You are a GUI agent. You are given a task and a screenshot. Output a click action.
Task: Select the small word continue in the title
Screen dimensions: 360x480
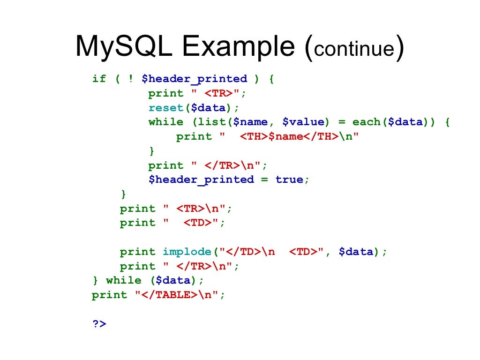point(354,49)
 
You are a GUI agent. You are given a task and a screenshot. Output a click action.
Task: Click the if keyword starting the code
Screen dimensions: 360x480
point(99,79)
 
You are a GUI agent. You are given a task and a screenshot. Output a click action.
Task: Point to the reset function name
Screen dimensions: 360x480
point(166,108)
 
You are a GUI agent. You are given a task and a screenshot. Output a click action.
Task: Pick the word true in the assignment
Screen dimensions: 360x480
point(289,180)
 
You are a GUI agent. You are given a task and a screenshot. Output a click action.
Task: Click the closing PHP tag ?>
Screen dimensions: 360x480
point(99,323)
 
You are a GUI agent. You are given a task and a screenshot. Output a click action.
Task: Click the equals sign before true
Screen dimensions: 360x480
point(265,180)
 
